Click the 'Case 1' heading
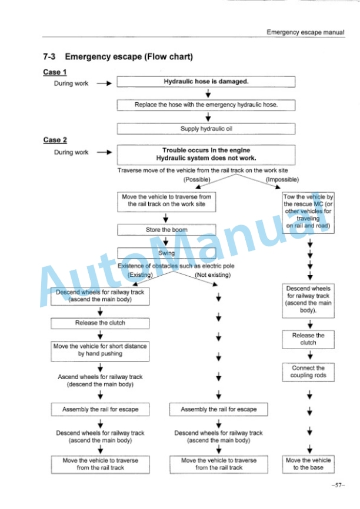click(55, 72)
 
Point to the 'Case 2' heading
click(55, 140)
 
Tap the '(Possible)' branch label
click(197, 179)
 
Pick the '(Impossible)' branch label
click(282, 179)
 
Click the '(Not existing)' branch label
click(213, 275)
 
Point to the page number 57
click(338, 485)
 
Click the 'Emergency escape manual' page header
click(305, 32)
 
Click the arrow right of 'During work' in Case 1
click(104, 83)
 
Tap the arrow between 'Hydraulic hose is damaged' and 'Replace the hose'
click(208, 93)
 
